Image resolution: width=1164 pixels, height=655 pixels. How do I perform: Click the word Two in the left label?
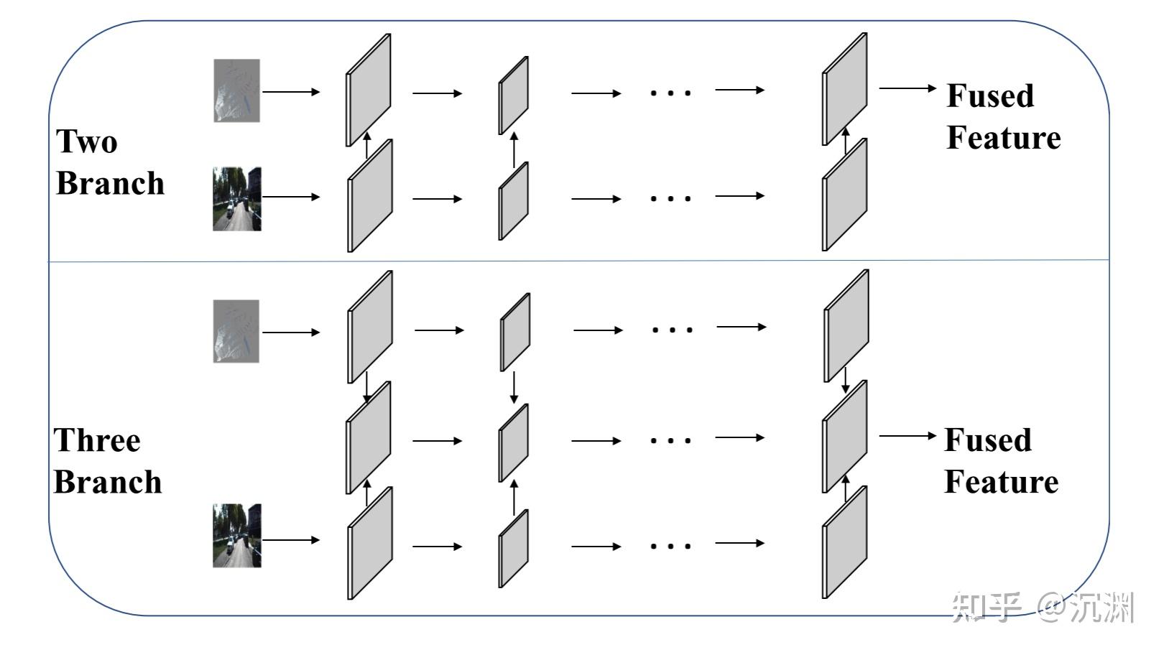(x=86, y=141)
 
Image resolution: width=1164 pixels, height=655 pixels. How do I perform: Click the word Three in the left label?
(x=97, y=440)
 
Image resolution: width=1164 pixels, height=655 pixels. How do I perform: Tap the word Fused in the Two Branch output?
(x=990, y=96)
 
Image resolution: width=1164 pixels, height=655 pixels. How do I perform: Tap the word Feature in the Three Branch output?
(x=1001, y=481)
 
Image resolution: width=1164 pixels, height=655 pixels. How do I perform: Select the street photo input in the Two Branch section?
(x=237, y=199)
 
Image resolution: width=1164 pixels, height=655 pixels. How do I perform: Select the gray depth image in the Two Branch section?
(x=236, y=90)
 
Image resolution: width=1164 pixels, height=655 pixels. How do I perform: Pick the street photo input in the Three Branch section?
(x=237, y=536)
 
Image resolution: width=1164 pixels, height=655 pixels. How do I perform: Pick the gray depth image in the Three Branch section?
(x=236, y=331)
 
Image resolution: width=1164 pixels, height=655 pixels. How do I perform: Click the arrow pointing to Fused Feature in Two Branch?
(x=907, y=88)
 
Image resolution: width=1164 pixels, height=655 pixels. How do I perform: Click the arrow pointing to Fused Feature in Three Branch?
(x=907, y=436)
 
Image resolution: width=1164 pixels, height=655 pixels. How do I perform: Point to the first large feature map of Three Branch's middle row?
(x=369, y=438)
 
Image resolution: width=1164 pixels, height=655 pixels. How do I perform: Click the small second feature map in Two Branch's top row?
(x=514, y=96)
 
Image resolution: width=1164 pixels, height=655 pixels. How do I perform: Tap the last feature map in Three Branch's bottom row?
(x=845, y=542)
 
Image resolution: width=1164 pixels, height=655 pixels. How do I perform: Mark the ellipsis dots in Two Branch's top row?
(x=670, y=93)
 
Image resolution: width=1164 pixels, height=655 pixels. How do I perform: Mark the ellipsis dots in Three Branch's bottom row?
(x=670, y=547)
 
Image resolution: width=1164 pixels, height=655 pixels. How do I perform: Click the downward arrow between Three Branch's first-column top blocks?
(x=367, y=388)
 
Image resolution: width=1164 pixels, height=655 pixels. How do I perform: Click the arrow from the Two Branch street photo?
(x=291, y=197)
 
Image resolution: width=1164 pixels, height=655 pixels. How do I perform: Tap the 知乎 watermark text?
(x=986, y=608)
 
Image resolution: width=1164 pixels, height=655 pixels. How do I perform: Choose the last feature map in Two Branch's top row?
(x=845, y=90)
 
